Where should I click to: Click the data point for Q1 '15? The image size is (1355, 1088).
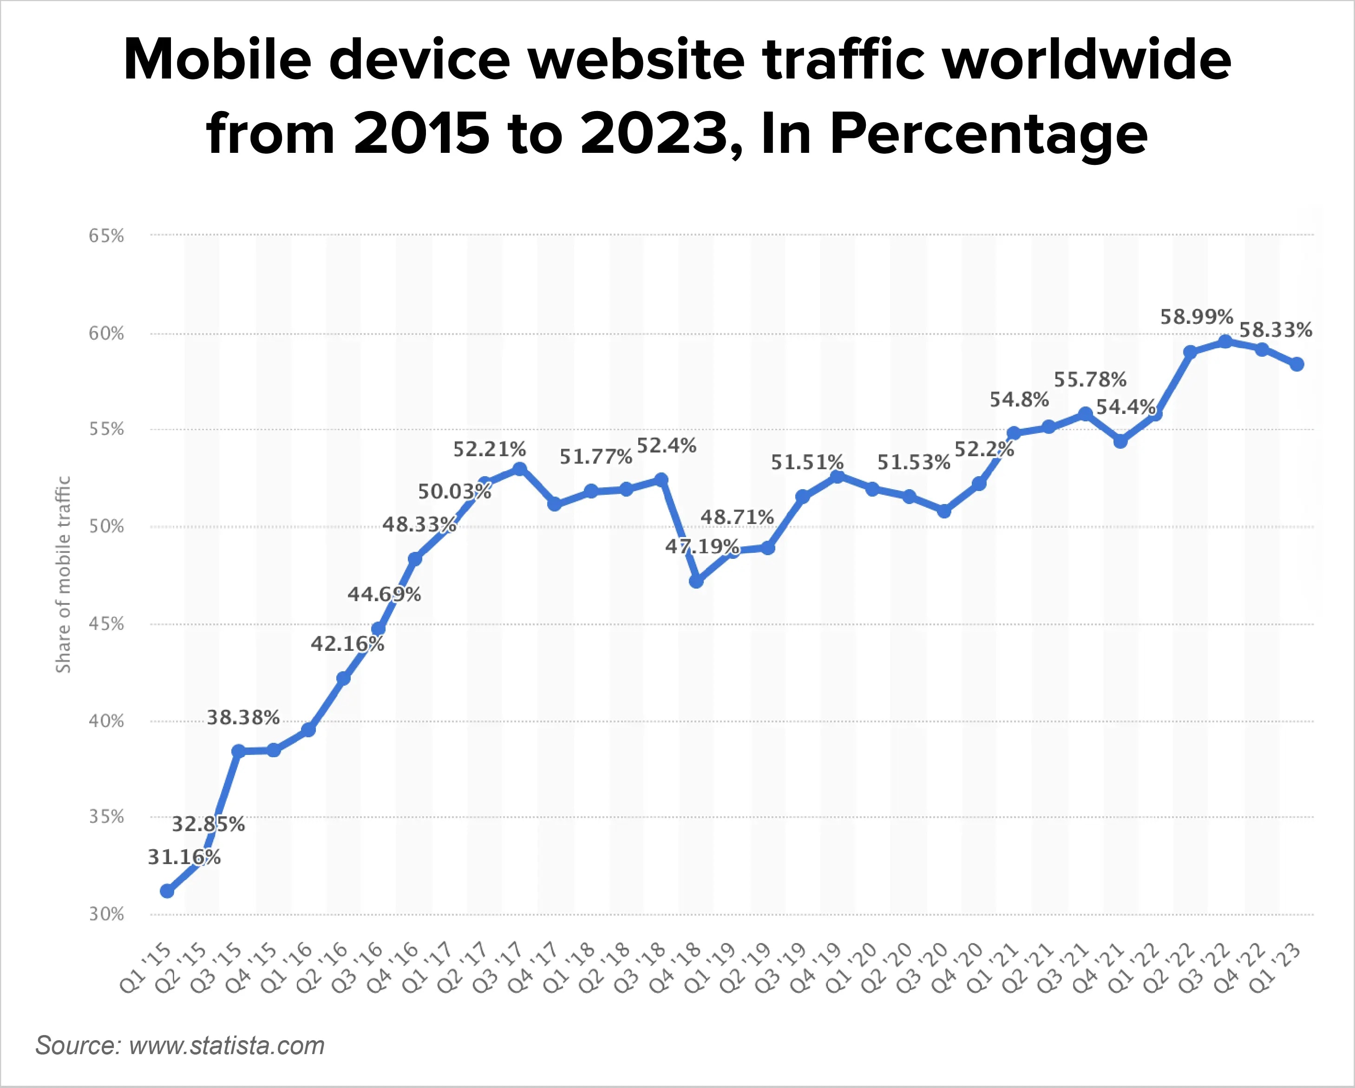pos(167,891)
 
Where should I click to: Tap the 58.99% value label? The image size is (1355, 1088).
pos(1196,317)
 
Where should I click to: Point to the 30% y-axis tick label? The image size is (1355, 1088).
pos(106,914)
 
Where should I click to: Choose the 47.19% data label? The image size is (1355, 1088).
pos(701,546)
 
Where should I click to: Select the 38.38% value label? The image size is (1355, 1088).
pos(243,717)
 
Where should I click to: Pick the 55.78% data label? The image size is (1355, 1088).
pos(1090,380)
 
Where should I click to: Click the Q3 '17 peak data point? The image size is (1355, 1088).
pos(520,469)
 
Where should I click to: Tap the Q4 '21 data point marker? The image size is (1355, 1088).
pos(1120,441)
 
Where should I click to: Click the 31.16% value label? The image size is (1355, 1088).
pos(183,857)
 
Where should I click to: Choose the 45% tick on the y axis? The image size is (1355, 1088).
pos(106,624)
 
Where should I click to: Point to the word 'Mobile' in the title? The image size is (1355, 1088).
pos(217,60)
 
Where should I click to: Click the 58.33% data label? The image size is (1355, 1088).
pos(1275,330)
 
